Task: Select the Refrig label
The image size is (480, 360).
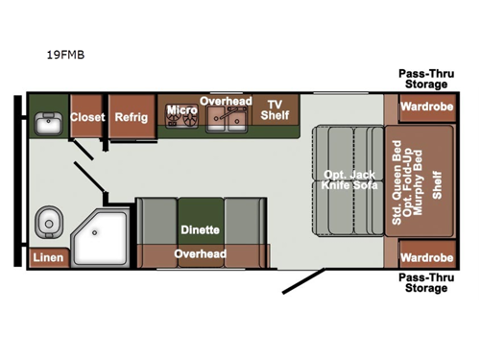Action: [131, 117]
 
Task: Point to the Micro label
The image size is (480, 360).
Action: [181, 110]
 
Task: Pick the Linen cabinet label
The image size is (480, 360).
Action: [48, 257]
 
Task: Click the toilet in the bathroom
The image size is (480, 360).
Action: [47, 223]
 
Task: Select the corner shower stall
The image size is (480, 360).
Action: [102, 234]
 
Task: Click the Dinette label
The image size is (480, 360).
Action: [200, 230]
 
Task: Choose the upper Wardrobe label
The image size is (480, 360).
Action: [426, 108]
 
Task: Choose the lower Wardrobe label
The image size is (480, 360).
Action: [426, 257]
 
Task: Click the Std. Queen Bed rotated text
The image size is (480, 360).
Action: [396, 182]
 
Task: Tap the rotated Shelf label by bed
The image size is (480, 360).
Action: [437, 182]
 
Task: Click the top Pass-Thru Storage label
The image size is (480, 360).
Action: [426, 79]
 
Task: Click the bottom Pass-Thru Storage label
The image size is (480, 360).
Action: [426, 282]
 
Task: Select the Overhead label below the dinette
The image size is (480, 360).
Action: [200, 254]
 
